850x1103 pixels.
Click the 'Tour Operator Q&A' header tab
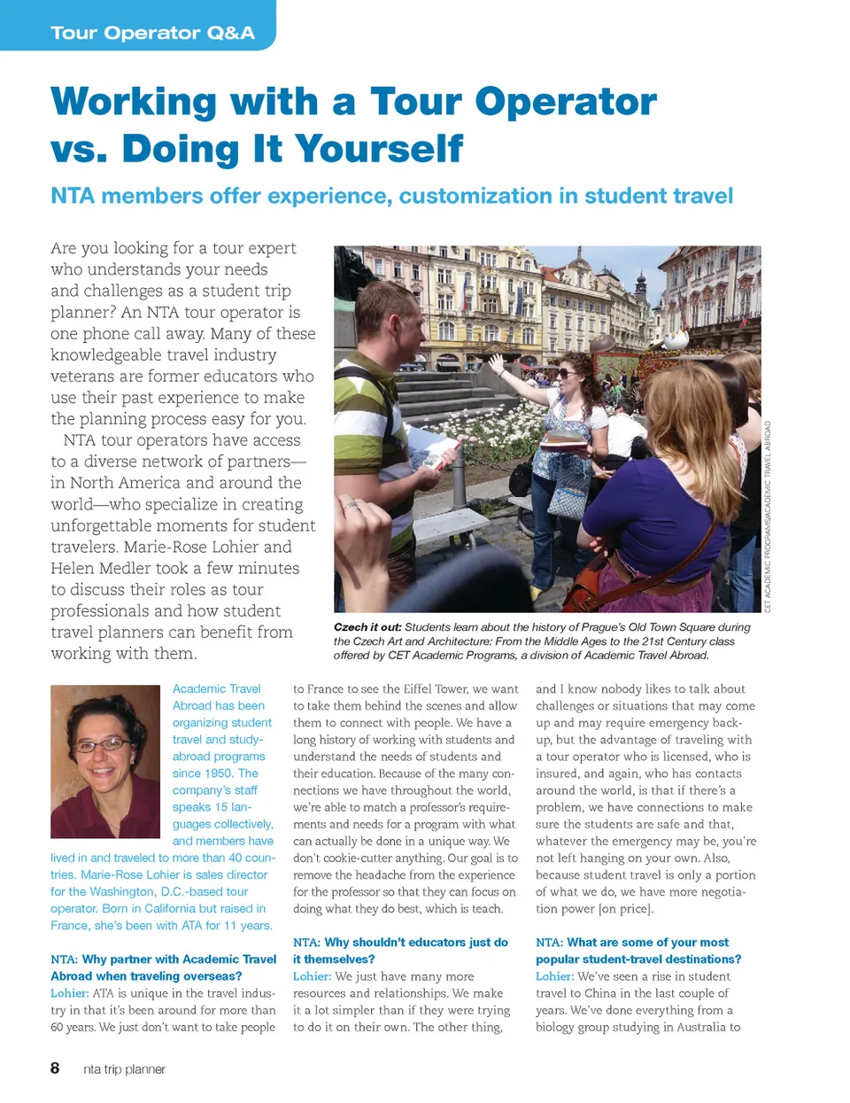(x=152, y=33)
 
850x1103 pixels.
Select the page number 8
(x=55, y=1068)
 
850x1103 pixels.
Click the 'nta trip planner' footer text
(x=124, y=1069)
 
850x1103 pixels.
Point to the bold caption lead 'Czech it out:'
(x=367, y=627)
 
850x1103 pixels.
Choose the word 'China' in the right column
(x=608, y=993)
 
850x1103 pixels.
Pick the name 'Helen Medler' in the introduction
(x=100, y=568)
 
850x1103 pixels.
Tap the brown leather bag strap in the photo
(x=620, y=567)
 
